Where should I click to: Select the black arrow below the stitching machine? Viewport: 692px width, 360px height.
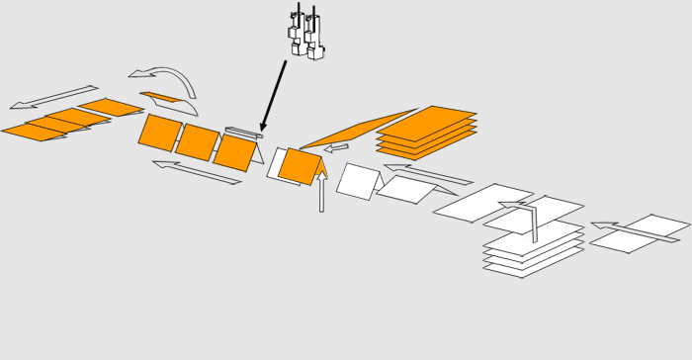click(274, 95)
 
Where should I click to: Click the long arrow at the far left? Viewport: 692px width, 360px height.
click(53, 97)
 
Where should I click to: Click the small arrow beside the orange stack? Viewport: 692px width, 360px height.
click(336, 148)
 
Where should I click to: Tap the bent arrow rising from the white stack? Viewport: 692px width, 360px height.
click(524, 218)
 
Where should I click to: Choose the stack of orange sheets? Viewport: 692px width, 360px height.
click(427, 132)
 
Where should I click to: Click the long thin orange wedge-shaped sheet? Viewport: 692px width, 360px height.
click(356, 129)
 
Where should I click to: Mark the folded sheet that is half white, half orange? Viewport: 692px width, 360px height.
click(295, 165)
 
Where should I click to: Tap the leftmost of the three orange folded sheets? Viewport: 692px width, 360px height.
click(160, 133)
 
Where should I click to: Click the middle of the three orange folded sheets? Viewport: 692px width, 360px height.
click(198, 141)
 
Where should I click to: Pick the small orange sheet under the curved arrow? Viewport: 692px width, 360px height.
click(160, 97)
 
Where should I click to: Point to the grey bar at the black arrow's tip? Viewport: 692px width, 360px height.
click(243, 133)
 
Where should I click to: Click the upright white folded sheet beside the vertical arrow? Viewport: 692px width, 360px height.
click(359, 181)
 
